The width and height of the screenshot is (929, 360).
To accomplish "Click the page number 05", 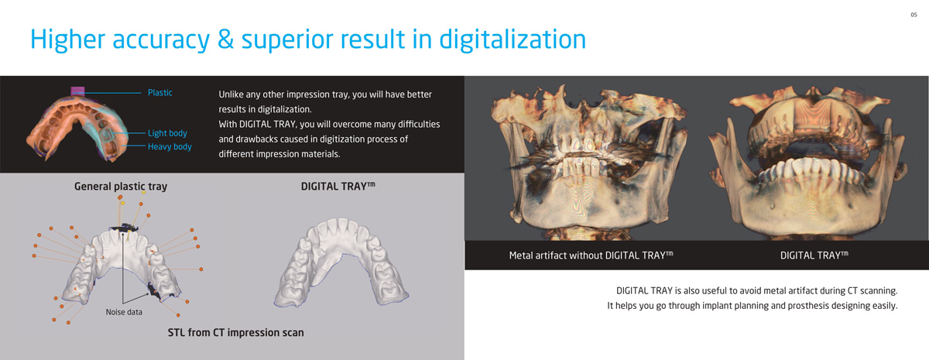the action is tap(914, 15).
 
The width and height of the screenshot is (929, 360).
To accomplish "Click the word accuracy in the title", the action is tap(161, 40).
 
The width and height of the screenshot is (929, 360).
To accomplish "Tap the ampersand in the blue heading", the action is tap(225, 39).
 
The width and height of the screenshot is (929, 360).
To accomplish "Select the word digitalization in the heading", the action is tap(512, 39).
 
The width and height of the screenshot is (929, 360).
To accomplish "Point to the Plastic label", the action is tap(159, 92).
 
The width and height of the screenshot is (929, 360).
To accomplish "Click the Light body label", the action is tap(167, 133).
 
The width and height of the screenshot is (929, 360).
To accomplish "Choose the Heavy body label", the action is tap(170, 146).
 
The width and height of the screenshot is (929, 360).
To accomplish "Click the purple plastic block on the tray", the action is tap(77, 91).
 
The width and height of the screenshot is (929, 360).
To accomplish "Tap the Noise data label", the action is tap(124, 312).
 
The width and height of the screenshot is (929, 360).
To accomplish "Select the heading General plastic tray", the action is tap(121, 187).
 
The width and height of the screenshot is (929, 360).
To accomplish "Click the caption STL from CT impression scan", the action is tap(235, 333).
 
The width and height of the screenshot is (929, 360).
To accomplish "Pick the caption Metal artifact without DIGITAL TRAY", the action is tap(591, 255).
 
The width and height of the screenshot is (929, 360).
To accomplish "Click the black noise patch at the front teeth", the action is tap(125, 228).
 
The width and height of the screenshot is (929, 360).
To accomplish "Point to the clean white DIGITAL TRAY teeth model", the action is tap(341, 263).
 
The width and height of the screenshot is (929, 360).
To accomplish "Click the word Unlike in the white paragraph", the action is tap(231, 94).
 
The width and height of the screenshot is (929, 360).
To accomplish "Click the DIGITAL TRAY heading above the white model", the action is tap(338, 187).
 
